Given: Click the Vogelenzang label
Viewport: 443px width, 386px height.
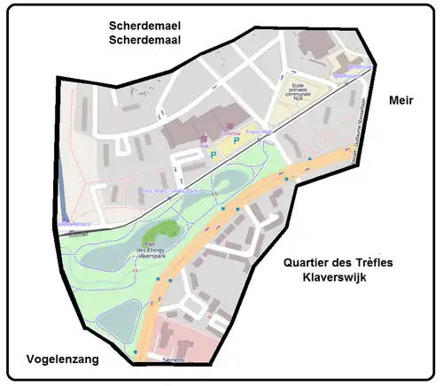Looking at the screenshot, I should pyautogui.click(x=56, y=360).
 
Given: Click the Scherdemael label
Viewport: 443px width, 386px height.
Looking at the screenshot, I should pyautogui.click(x=145, y=26).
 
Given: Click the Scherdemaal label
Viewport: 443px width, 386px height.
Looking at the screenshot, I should pyautogui.click(x=145, y=40).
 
